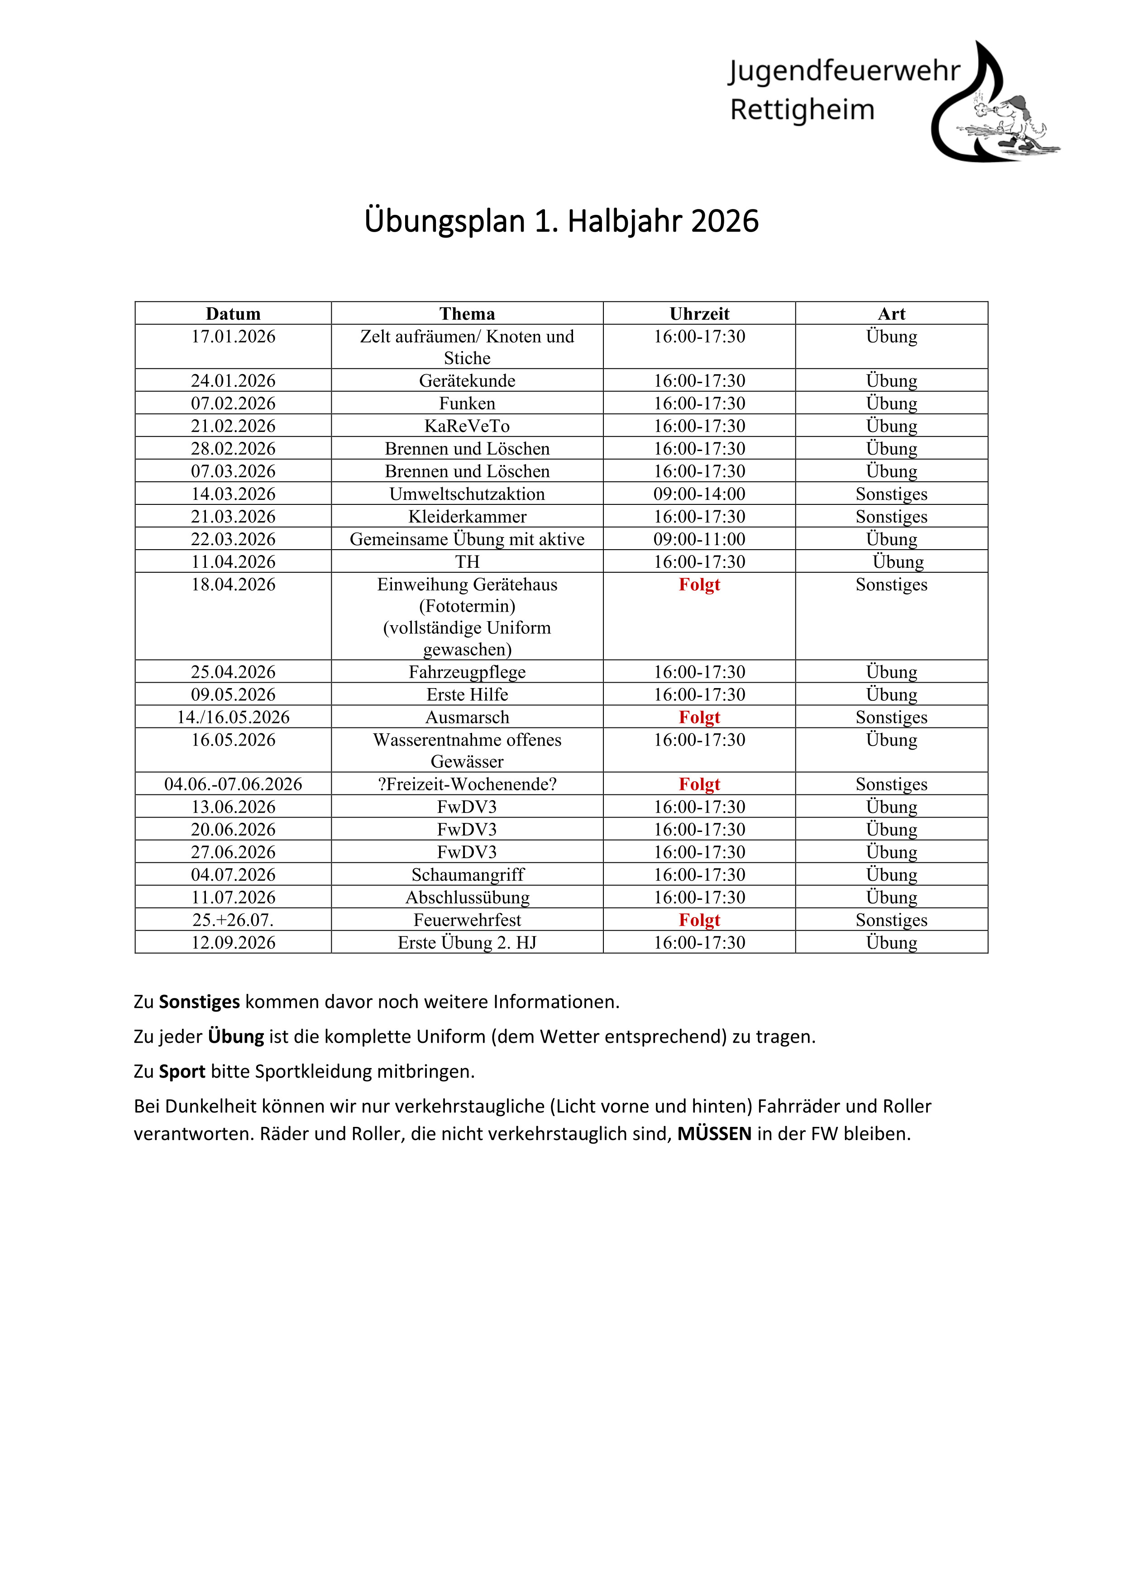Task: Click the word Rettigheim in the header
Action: tap(802, 110)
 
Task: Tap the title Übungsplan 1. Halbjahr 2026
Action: tap(561, 221)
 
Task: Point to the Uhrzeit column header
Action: tap(699, 314)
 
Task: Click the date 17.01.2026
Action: tap(233, 337)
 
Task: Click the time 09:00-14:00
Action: tap(699, 494)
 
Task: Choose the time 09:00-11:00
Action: tap(699, 539)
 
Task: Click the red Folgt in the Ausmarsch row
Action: tap(699, 717)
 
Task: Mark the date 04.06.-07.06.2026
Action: tap(233, 784)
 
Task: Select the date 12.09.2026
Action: tap(233, 943)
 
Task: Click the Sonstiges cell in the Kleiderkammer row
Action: tap(891, 516)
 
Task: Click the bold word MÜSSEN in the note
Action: tap(714, 1134)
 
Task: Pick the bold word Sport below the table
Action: tap(182, 1071)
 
